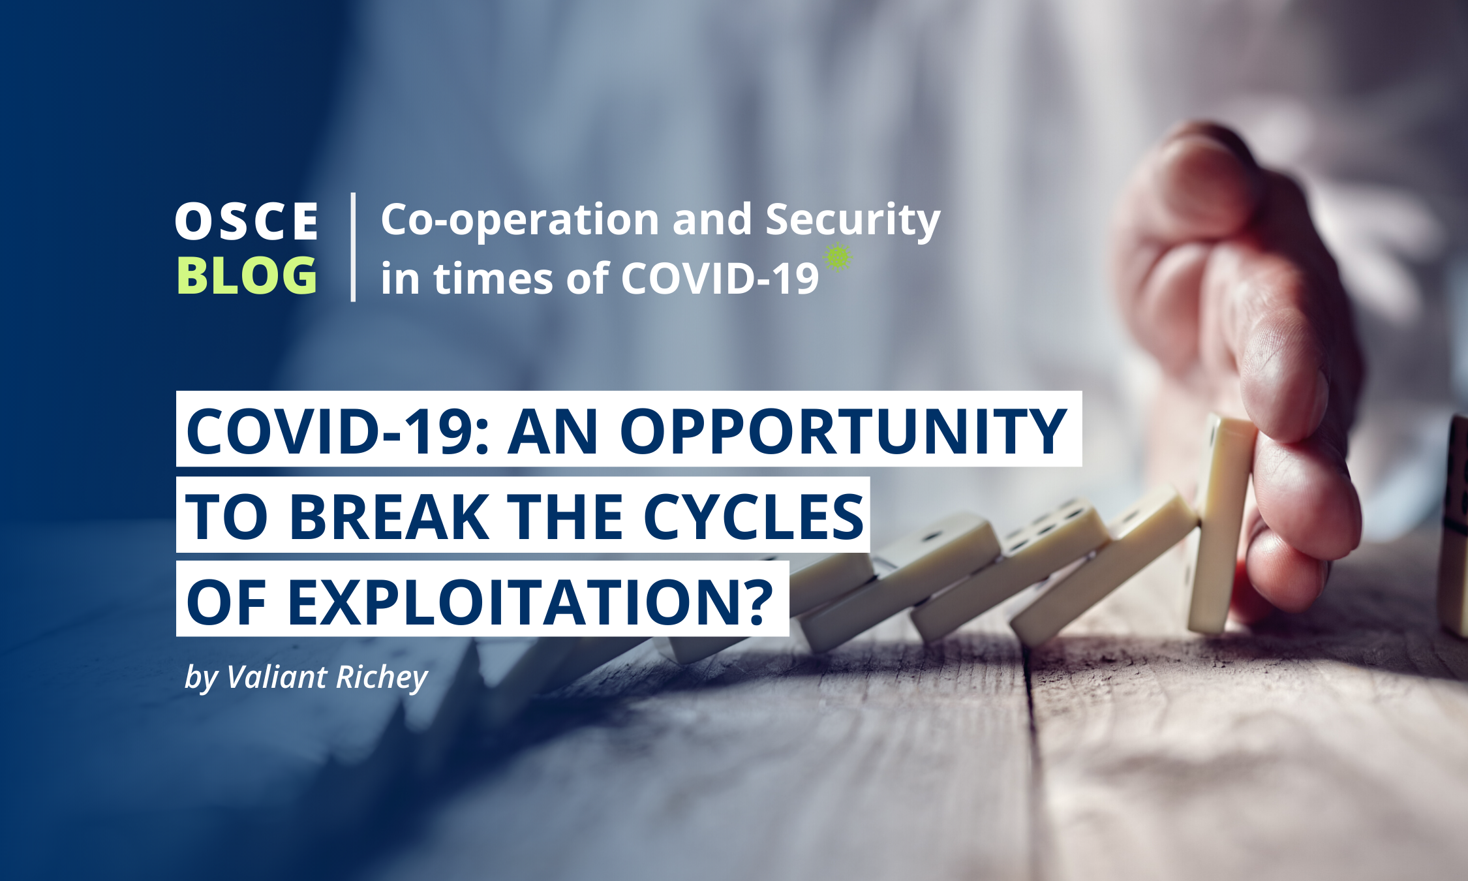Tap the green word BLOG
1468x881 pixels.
click(247, 275)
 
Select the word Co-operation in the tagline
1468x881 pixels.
click(520, 220)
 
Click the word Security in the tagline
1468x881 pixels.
click(853, 220)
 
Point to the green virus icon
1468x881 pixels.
click(838, 256)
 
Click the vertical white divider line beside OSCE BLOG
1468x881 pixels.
click(353, 247)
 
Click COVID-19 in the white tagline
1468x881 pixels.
click(720, 279)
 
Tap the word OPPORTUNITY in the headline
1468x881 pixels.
click(843, 431)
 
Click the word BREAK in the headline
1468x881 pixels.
click(390, 516)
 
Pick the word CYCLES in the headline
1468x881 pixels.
click(754, 516)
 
